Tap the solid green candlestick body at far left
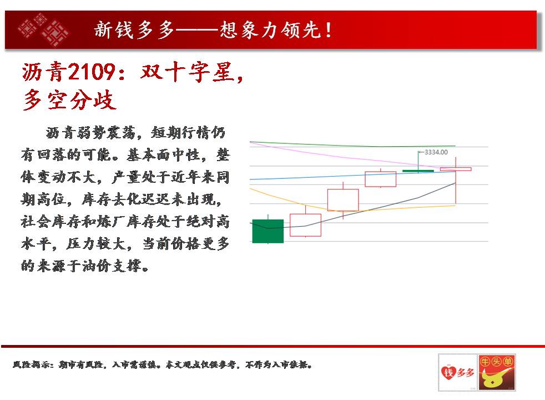(x=268, y=231)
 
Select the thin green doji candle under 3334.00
(x=418, y=171)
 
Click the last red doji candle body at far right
(x=456, y=169)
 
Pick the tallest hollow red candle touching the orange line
(x=343, y=200)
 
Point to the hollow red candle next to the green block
(x=305, y=225)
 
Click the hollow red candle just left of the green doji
(x=381, y=179)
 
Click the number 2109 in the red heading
(x=92, y=72)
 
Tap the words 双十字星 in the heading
(x=187, y=72)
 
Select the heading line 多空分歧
(x=69, y=100)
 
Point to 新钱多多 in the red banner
(x=134, y=29)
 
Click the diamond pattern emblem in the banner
(x=44, y=29)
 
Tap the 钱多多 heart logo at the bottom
(x=458, y=372)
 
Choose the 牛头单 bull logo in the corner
(x=497, y=372)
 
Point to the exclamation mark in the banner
(x=328, y=30)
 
